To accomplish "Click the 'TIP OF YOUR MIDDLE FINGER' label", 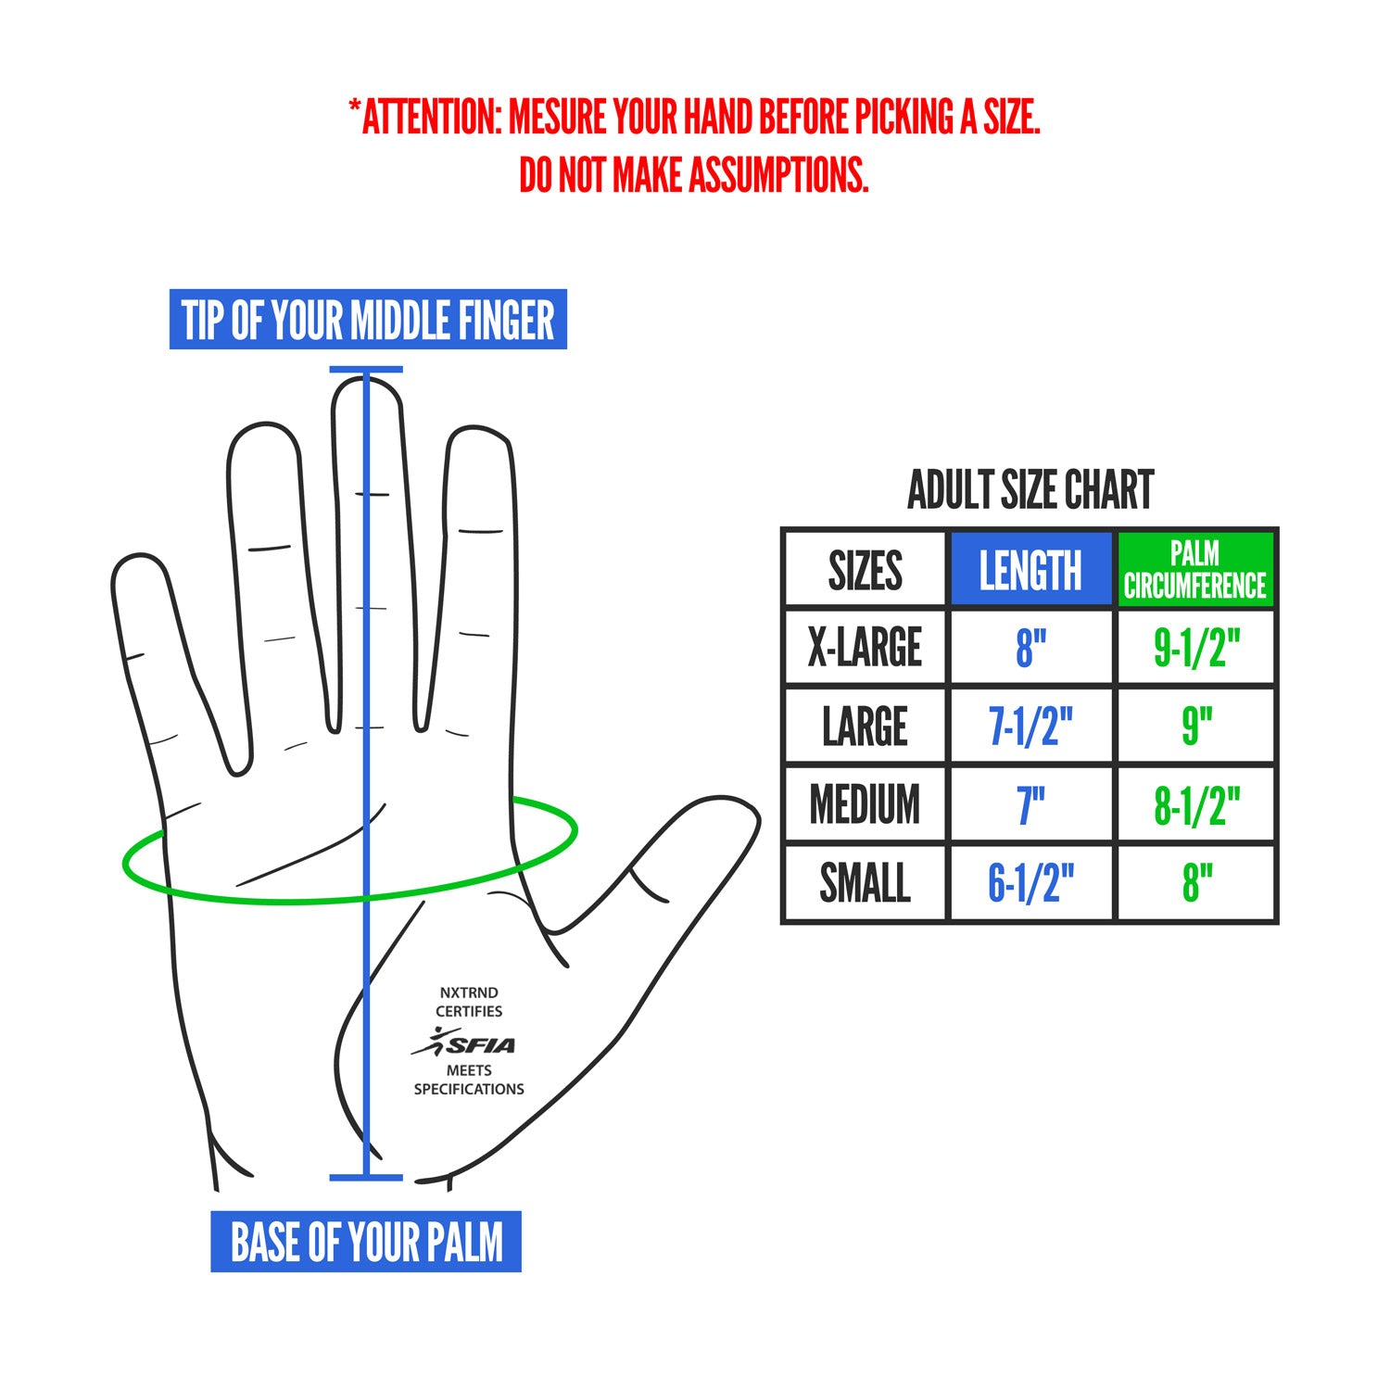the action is point(368,320).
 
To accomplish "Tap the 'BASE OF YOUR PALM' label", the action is point(366,1242).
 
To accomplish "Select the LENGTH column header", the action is point(1030,569).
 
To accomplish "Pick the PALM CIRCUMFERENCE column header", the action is point(1195,569).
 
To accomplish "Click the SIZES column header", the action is point(866,570).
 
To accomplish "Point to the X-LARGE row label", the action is point(866,647).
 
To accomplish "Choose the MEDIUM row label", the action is point(866,804).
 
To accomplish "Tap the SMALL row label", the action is point(866,883).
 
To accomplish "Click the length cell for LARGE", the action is point(1030,726).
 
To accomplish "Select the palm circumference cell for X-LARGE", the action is point(1195,647).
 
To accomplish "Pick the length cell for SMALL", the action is point(1030,883).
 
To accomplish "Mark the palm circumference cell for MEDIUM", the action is point(1195,804).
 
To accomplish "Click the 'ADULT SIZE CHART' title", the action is point(1030,490).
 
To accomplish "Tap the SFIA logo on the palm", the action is point(464,1042).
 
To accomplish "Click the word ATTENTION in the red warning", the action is point(432,118).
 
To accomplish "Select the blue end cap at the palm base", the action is point(366,1178).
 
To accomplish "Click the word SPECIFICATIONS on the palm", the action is point(469,1090).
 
